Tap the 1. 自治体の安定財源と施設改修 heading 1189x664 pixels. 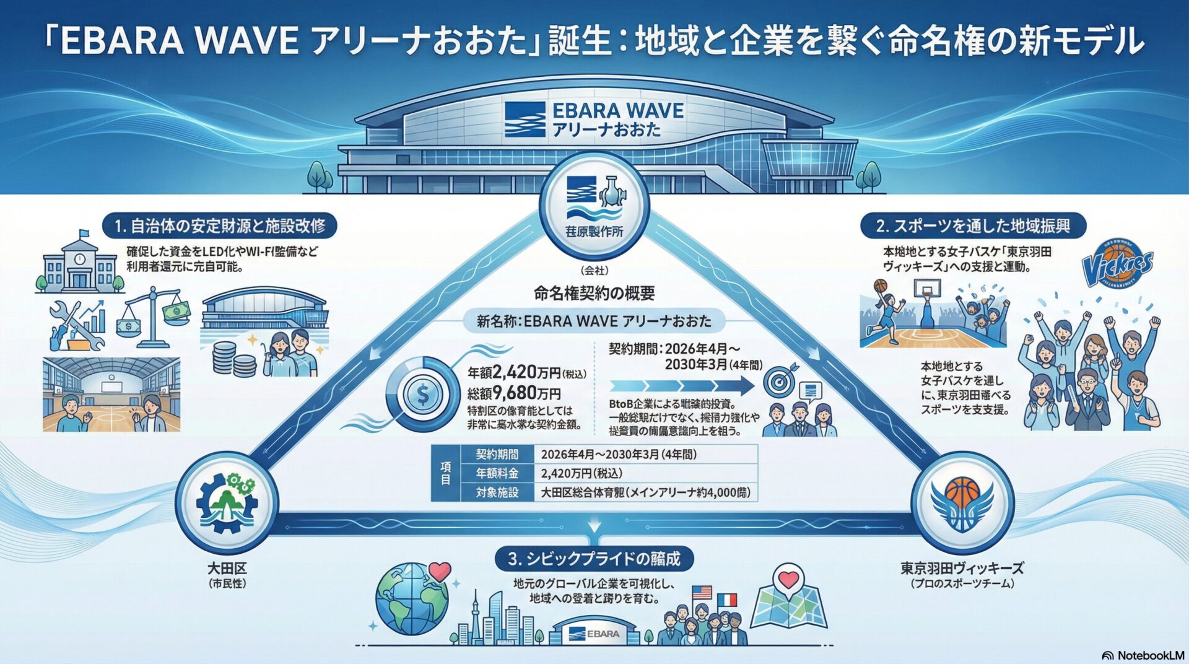tap(220, 226)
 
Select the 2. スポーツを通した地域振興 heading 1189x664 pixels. tap(973, 226)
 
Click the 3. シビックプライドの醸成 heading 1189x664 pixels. tap(594, 559)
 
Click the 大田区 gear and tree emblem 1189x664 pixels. tap(226, 502)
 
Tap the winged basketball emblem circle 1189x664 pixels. tap(962, 502)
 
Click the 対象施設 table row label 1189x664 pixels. tap(497, 493)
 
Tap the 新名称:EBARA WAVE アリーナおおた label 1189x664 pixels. tap(594, 321)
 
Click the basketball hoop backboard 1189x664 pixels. tap(927, 289)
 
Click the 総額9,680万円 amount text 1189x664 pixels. tap(514, 393)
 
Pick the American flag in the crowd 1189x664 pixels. tap(702, 593)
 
